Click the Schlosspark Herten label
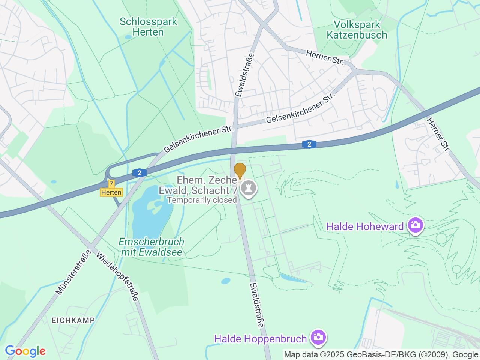coord(148,27)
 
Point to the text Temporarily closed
coord(202,200)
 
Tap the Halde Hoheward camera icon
coord(416,226)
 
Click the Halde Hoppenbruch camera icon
coord(318,338)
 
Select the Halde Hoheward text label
coord(365,226)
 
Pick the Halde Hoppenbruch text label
coord(260,339)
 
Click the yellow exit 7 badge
coord(111,184)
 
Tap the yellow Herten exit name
coord(111,192)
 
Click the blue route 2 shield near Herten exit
coord(139,173)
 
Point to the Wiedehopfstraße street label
coord(118,277)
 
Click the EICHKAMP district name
coord(73,320)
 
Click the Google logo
coord(25,351)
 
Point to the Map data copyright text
coord(381,354)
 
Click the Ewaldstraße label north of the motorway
coord(244,75)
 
